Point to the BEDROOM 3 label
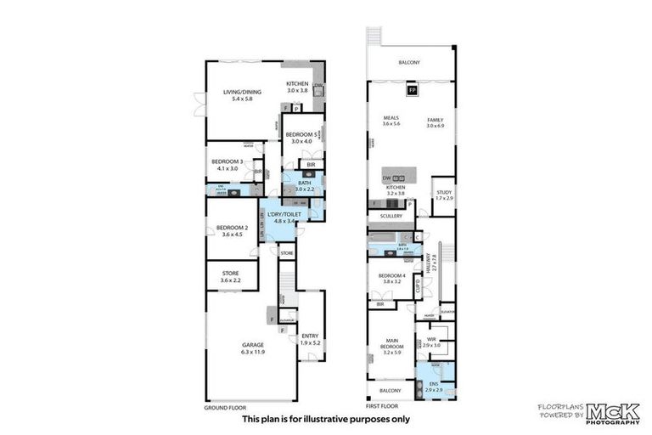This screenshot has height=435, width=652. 229,165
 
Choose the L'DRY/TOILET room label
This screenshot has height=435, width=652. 284,217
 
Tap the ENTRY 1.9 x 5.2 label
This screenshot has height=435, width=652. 310,339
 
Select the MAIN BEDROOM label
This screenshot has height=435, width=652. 391,345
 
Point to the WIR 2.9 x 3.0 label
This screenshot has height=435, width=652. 432,342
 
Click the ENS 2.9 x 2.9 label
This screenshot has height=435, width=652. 434,387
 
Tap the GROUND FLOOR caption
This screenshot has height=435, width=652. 225,407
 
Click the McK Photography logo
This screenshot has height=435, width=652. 593,411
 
